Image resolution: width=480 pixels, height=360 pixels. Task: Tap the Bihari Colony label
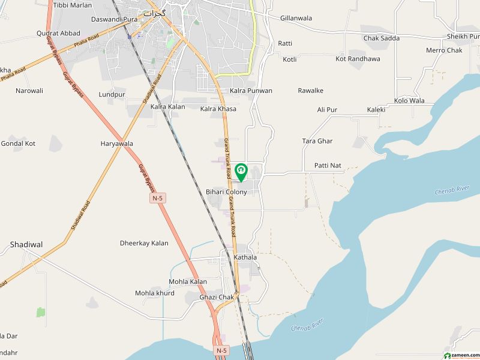point(226,192)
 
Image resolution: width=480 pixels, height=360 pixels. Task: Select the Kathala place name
point(245,257)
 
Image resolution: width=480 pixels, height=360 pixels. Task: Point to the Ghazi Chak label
point(217,297)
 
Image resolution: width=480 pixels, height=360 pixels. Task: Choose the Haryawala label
point(116,144)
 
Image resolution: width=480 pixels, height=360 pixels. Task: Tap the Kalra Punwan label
point(251,91)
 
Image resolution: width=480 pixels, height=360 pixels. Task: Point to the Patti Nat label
point(328,165)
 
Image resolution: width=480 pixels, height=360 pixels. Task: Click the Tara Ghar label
point(317,141)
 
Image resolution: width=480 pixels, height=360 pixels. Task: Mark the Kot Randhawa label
point(358,59)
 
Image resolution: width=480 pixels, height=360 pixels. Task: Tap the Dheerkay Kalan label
point(144,244)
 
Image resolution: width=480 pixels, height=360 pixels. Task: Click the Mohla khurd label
point(155,293)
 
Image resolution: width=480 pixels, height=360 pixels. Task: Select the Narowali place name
point(29,91)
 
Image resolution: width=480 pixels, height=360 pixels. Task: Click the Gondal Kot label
point(18,144)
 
